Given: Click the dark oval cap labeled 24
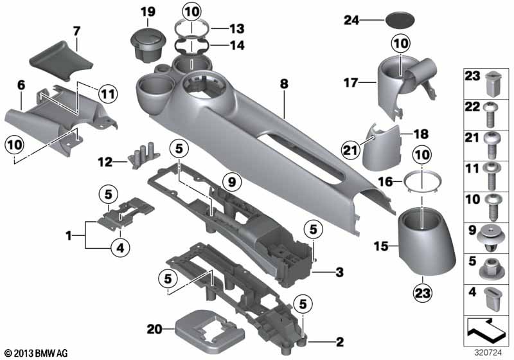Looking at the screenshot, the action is pos(400,21).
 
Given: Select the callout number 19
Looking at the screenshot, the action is pos(148,12).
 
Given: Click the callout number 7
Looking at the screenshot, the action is pos(76,32).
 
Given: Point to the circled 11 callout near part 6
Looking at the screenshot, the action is pos(108,94).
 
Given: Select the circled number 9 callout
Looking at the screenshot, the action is pos(232,181).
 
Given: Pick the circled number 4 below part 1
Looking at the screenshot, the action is pos(120,248).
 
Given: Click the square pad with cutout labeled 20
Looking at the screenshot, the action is pos(209,331).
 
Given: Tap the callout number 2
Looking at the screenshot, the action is pos(340,342).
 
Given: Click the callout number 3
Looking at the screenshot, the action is pos(340,272).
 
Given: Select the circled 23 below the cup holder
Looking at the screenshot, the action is pos(423,292).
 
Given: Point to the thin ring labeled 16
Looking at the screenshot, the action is pos(422,182).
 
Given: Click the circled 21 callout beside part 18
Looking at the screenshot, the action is pos(350,150).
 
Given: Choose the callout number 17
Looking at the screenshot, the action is pos(351,82).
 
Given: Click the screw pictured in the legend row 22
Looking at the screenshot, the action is pos(490,114).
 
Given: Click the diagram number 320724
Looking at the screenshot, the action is pos(488,353).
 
